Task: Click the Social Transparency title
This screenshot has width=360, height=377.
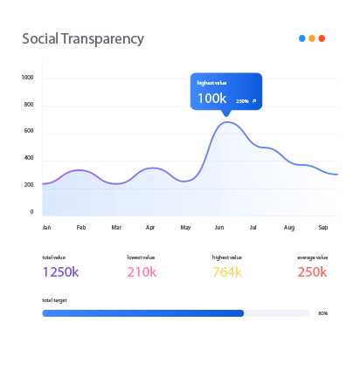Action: pos(82,39)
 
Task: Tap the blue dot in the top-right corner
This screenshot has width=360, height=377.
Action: pos(301,38)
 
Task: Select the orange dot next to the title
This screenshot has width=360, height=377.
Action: pos(312,38)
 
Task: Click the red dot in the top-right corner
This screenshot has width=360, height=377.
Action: pos(322,38)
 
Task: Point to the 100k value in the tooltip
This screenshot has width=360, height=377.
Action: pos(211,98)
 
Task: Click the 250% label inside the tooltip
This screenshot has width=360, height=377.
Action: pos(242,101)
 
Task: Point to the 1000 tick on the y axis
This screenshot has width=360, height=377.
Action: pos(27,78)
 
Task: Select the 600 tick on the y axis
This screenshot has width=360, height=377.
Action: pos(29,131)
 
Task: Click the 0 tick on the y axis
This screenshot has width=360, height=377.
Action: pos(31,211)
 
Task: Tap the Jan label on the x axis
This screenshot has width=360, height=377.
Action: pos(46,227)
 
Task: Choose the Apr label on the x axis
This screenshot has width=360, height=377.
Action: pos(150,227)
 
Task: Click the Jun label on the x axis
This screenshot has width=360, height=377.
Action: pos(219,227)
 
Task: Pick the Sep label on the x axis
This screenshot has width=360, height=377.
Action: pos(322,227)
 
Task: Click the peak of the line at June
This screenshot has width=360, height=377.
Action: pos(227,122)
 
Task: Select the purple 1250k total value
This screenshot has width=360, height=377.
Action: pos(60,272)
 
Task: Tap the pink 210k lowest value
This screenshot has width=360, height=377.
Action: pos(142,272)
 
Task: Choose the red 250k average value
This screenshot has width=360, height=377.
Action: pos(312,272)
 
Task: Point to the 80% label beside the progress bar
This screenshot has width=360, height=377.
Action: pos(322,312)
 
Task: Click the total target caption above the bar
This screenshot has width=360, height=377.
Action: pos(54,299)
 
